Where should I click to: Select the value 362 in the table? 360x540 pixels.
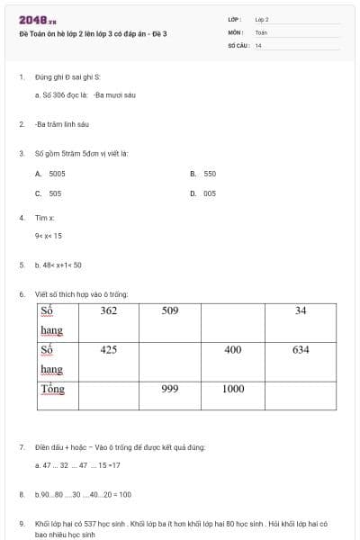pyautogui.click(x=108, y=310)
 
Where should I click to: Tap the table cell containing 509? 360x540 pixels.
pyautogui.click(x=170, y=310)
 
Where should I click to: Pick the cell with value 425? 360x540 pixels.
pyautogui.click(x=108, y=349)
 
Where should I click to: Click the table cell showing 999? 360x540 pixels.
pyautogui.click(x=170, y=389)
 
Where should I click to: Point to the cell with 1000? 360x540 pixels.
pyautogui.click(x=232, y=389)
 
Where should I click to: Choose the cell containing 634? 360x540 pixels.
pyautogui.click(x=301, y=349)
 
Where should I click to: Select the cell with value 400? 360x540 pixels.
pyautogui.click(x=232, y=349)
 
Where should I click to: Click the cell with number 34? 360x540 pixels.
pyautogui.click(x=301, y=310)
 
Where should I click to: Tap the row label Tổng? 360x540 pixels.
pyautogui.click(x=53, y=389)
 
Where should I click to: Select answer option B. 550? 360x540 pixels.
pyautogui.click(x=203, y=173)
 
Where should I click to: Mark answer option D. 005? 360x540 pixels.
pyautogui.click(x=203, y=193)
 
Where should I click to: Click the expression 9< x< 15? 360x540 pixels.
pyautogui.click(x=49, y=236)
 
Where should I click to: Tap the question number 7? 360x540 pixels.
pyautogui.click(x=21, y=446)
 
